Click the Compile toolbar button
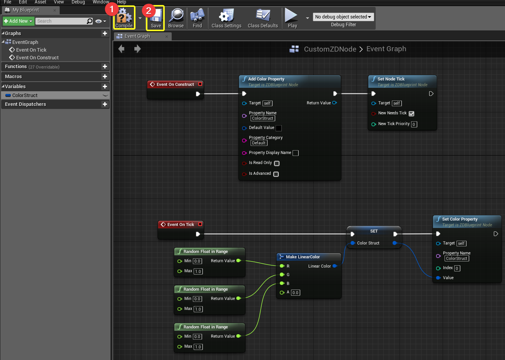tap(124, 18)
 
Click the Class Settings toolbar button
tap(226, 18)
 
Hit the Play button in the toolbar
tap(292, 18)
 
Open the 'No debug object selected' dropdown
tap(343, 17)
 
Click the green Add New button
tap(18, 21)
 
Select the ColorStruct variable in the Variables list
tap(25, 95)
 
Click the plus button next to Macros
tap(105, 77)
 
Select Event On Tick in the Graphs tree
tap(31, 50)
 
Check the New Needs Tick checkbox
tap(411, 114)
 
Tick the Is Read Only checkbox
tap(277, 163)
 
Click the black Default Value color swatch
tap(279, 128)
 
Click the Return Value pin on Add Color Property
tap(334, 103)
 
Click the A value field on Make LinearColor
tap(295, 293)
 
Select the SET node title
tap(374, 231)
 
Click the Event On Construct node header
tap(175, 84)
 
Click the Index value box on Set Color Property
tap(457, 268)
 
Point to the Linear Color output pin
tap(335, 266)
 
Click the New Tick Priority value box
tap(414, 124)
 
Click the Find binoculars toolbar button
tap(197, 18)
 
